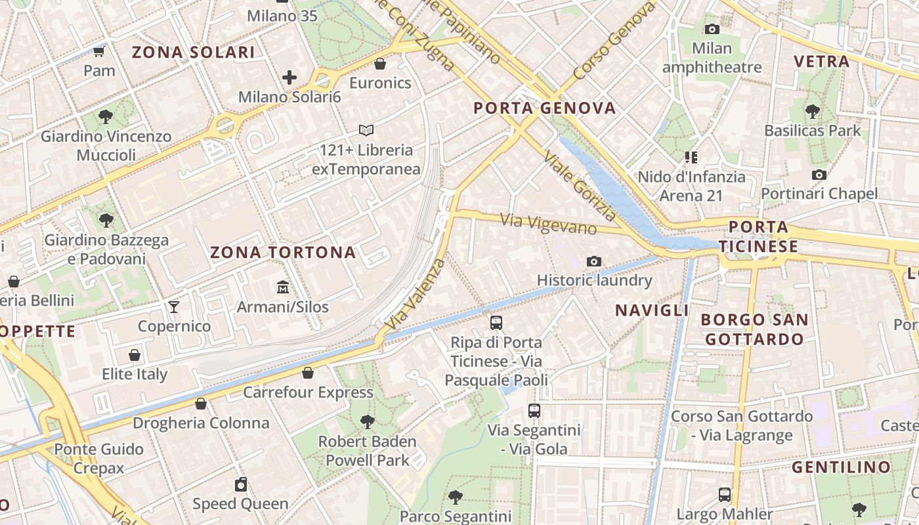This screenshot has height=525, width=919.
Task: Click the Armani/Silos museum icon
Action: [x=283, y=287]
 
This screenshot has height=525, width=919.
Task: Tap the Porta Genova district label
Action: [x=545, y=108]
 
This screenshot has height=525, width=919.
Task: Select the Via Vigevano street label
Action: [x=549, y=224]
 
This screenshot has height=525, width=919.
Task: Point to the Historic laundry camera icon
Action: [x=594, y=261]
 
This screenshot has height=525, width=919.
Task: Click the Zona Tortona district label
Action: [x=283, y=252]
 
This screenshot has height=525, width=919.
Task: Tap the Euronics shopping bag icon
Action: [x=379, y=64]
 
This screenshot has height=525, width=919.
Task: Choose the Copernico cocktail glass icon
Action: [x=174, y=306]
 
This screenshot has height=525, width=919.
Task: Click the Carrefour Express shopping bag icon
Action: [x=307, y=373]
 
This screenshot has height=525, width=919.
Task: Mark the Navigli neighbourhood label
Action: [x=651, y=310]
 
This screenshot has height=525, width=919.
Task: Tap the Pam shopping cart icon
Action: [x=99, y=51]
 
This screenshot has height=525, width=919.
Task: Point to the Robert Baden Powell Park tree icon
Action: [x=367, y=421]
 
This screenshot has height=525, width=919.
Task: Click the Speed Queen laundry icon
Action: [x=241, y=484]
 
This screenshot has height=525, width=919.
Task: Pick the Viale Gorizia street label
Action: [x=580, y=190]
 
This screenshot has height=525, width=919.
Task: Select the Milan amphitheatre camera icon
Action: [x=712, y=29]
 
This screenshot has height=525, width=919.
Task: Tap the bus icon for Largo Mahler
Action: [x=725, y=494]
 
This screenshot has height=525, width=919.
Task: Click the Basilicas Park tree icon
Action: [x=813, y=111]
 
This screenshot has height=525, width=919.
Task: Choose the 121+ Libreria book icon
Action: [x=366, y=130]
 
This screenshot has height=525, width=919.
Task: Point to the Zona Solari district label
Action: [x=193, y=52]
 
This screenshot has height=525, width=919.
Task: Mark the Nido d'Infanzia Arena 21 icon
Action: [x=691, y=157]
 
